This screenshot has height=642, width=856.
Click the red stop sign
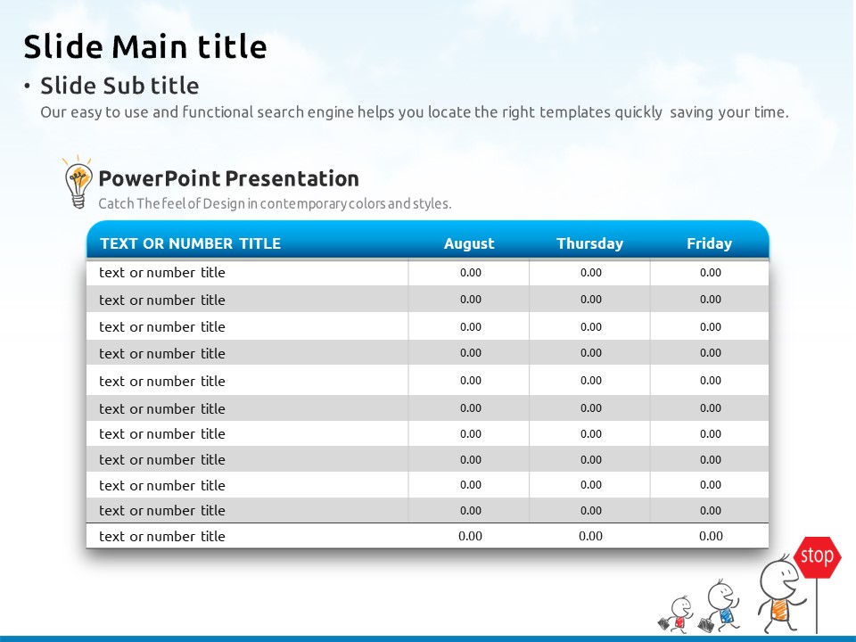818,556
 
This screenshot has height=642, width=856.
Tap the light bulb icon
78,182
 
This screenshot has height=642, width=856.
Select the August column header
469,243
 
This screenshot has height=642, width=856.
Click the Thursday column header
589,243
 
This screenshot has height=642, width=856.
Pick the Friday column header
709,243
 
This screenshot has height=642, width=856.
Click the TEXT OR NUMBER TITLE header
190,243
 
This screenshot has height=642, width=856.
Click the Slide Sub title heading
119,86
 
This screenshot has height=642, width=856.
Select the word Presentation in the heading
292,179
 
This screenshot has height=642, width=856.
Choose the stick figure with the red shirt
677,614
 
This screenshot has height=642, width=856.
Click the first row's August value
471,273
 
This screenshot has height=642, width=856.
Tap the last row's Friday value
711,536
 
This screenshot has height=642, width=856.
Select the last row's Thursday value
590,536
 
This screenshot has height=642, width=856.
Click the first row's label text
162,273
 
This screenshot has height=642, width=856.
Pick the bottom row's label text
162,537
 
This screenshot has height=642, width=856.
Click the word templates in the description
575,112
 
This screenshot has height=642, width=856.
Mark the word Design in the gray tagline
224,204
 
